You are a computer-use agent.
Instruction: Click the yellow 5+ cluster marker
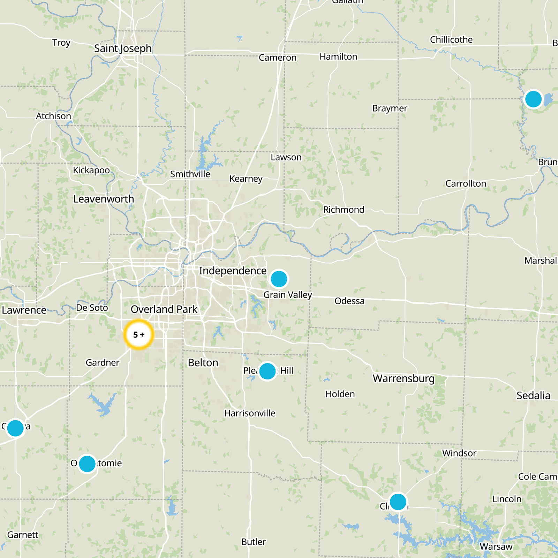coord(139,334)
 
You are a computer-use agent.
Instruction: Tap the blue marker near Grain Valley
coord(279,279)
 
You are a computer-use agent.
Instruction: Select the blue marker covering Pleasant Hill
coord(267,371)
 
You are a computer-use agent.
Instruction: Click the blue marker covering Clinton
coord(398,502)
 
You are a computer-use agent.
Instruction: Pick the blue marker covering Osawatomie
coord(87,464)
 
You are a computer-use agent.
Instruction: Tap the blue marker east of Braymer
coord(533,99)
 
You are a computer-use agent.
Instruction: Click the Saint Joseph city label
coord(123,48)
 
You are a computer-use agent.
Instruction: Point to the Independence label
coord(233,271)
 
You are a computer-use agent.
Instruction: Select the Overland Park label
coord(164,309)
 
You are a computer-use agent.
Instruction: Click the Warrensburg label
coord(404,378)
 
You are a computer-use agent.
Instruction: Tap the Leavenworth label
coord(104,199)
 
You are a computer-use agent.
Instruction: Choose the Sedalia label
coord(533,395)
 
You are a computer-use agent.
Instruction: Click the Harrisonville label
coord(250,413)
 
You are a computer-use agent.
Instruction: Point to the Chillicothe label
coord(451,40)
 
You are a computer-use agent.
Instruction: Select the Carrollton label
coord(466,183)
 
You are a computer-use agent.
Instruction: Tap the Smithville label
coord(190,174)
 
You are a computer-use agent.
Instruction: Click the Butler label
coord(254,542)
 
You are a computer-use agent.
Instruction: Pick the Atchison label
coord(53,116)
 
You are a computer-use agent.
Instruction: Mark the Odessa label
coord(349,301)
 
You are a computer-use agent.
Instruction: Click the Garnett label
coord(23,535)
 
